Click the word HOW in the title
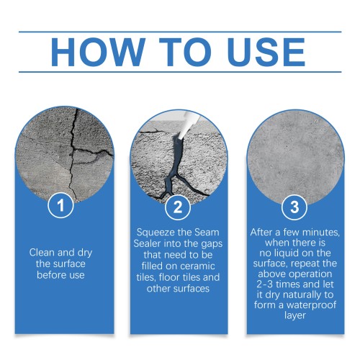(x=98, y=52)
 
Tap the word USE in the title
(x=266, y=52)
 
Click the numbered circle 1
(x=60, y=205)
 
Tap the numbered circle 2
(x=178, y=207)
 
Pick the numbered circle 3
(x=294, y=207)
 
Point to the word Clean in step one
(x=42, y=253)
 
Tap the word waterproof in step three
(x=312, y=305)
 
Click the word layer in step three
(x=294, y=315)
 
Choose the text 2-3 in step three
(x=264, y=284)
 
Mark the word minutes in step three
(x=321, y=233)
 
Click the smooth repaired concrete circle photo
(x=295, y=158)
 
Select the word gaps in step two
(x=212, y=245)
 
